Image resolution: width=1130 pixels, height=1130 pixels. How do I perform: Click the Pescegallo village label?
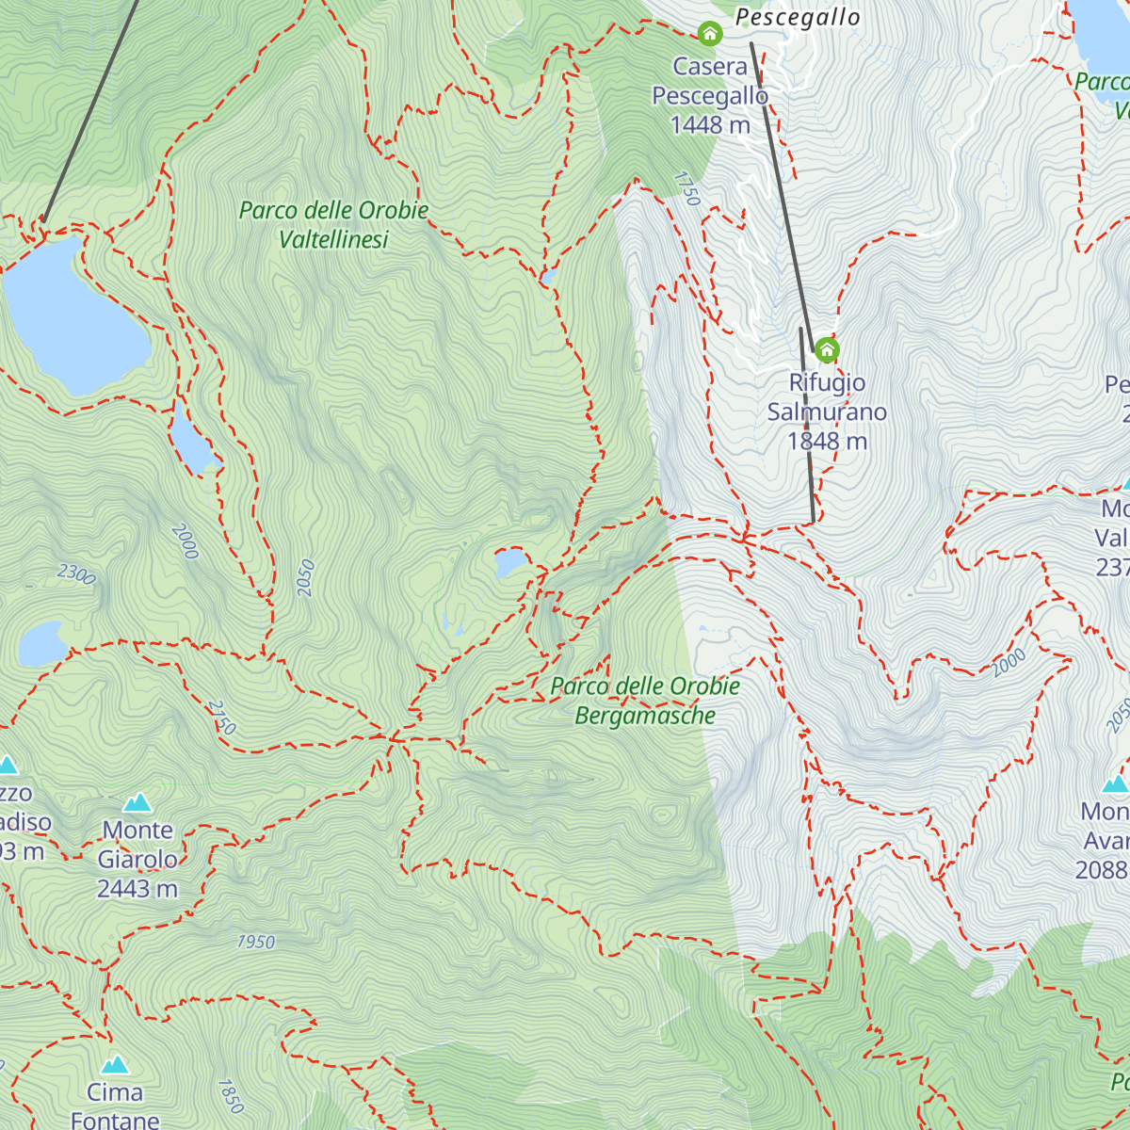[797, 18]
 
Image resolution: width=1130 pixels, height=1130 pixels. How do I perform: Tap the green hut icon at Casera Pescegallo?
[709, 35]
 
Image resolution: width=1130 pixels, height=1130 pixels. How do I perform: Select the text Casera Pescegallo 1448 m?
[710, 95]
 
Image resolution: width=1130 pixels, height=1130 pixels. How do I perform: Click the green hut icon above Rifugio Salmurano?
[826, 350]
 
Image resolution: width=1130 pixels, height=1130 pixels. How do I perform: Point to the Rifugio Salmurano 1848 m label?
[827, 412]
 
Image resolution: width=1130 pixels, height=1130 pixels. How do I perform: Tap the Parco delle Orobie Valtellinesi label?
[333, 225]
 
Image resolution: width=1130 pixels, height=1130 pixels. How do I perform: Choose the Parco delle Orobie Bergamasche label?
[645, 701]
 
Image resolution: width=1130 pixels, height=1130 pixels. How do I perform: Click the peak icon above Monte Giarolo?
[137, 802]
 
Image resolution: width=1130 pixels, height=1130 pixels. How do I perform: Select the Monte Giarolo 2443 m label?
[137, 859]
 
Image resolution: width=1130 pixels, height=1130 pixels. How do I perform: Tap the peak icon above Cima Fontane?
[115, 1064]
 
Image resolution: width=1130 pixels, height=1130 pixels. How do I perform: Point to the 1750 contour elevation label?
[687, 188]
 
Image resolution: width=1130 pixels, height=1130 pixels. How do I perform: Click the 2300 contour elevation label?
[76, 573]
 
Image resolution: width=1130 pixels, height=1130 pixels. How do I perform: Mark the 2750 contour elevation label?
[221, 718]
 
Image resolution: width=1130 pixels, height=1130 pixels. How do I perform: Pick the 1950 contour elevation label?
[255, 942]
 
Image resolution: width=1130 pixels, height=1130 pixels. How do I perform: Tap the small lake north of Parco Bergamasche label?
[511, 563]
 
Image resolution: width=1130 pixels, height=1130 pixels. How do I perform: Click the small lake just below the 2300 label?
[41, 644]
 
